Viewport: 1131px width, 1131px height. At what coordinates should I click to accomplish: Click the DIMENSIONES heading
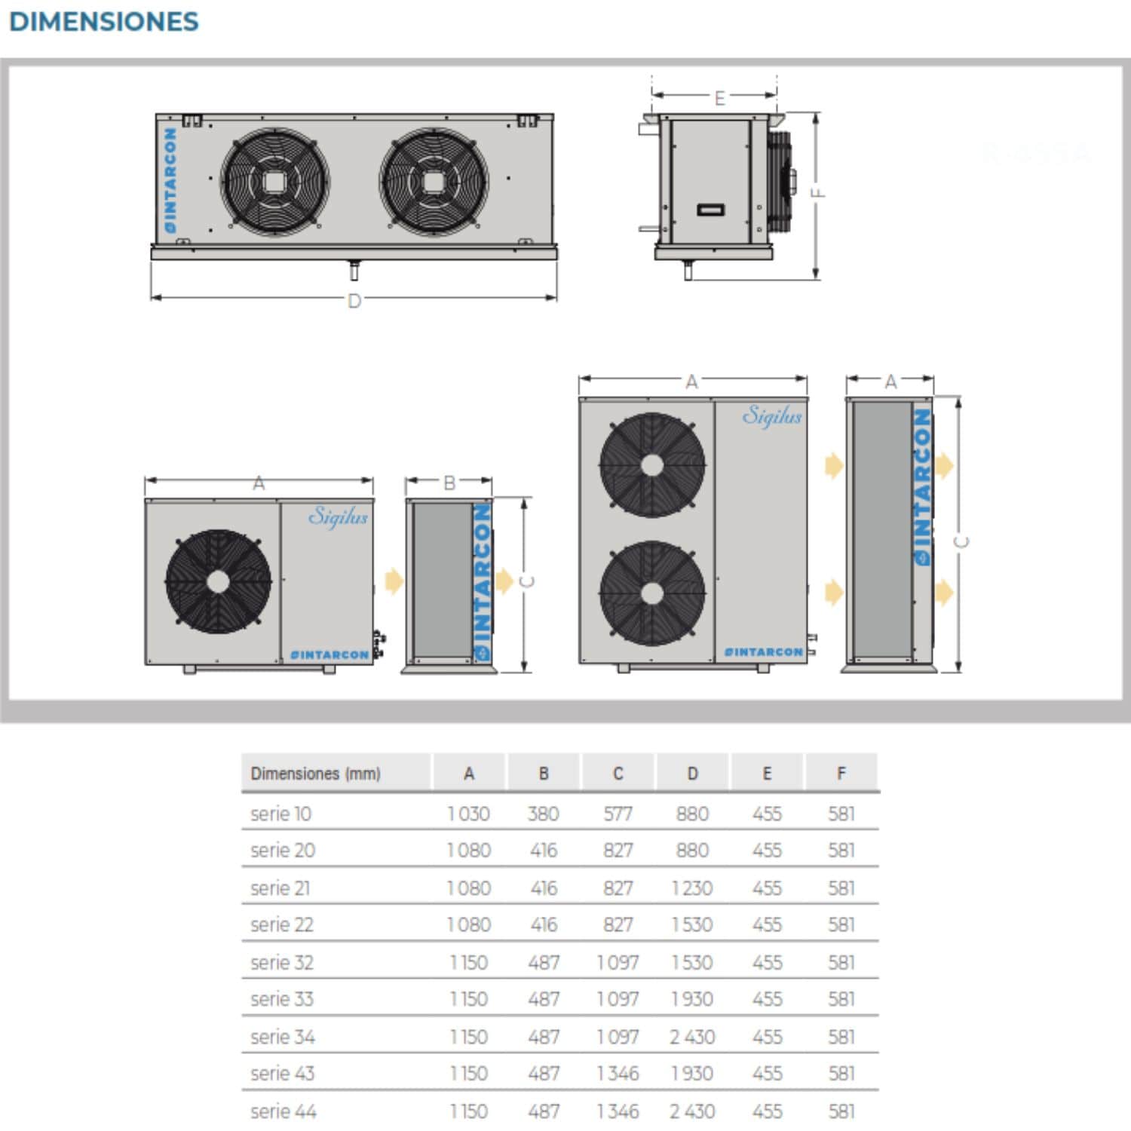point(104,22)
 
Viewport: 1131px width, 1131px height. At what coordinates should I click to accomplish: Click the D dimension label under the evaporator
point(354,301)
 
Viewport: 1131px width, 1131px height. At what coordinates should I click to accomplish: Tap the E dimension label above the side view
point(719,98)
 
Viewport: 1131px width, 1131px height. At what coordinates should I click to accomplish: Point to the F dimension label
point(818,192)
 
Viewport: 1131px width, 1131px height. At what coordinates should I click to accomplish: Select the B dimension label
point(449,483)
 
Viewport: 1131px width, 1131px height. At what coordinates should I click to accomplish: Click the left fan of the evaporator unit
point(275,181)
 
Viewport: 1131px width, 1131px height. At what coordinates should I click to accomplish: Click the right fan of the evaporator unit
point(434,181)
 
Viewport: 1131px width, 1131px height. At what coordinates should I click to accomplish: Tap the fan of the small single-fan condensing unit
point(218,581)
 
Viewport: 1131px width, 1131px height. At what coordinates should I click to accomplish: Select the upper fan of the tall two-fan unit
point(652,464)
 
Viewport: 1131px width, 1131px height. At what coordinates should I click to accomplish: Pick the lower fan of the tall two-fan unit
point(652,593)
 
